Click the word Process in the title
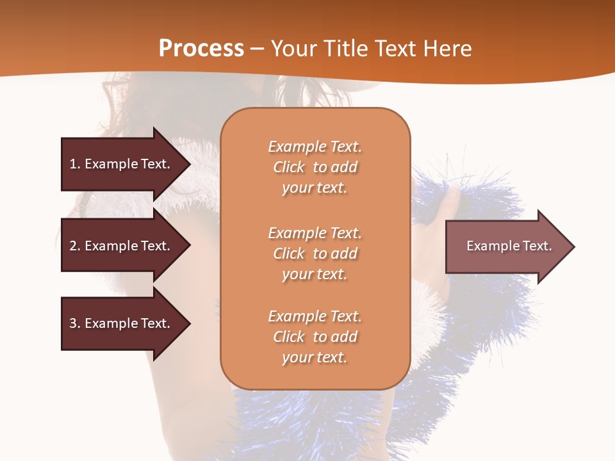pos(201,49)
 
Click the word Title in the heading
pos(346,49)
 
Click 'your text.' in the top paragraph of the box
pos(315,188)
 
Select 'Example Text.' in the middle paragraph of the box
pos(315,233)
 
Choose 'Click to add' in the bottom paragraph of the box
pos(315,337)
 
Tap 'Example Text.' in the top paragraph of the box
pos(315,147)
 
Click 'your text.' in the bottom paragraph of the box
pos(315,358)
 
